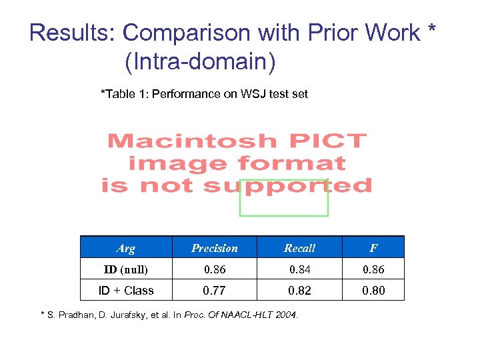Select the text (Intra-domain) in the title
coord(199,62)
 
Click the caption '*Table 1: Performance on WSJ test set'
coord(204,94)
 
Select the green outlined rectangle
coord(284,198)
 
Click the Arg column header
coord(125,248)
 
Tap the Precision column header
coord(215,248)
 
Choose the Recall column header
coord(299,248)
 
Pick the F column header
coord(373,248)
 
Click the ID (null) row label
coord(125,269)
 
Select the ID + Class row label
coord(125,291)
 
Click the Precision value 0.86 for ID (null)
coord(215,269)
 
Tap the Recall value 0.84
coord(299,269)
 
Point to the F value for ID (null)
coord(373,269)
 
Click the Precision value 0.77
coord(215,291)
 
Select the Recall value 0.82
coord(299,291)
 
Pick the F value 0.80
coord(373,291)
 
